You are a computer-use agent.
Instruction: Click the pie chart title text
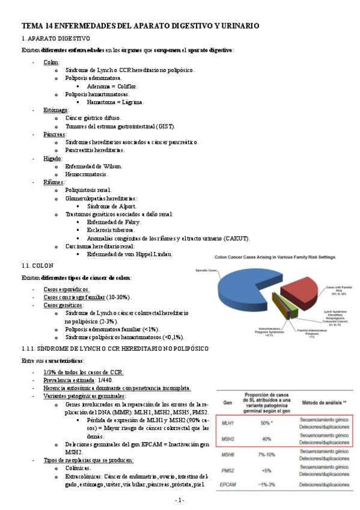[275, 257]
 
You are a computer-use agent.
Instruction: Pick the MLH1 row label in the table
[228, 423]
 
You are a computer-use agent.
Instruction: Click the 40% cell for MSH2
[265, 438]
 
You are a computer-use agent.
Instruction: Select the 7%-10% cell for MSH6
[265, 455]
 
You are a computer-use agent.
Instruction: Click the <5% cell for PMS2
[265, 470]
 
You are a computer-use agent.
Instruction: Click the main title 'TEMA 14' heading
[141, 26]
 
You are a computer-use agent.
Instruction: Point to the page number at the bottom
[180, 500]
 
